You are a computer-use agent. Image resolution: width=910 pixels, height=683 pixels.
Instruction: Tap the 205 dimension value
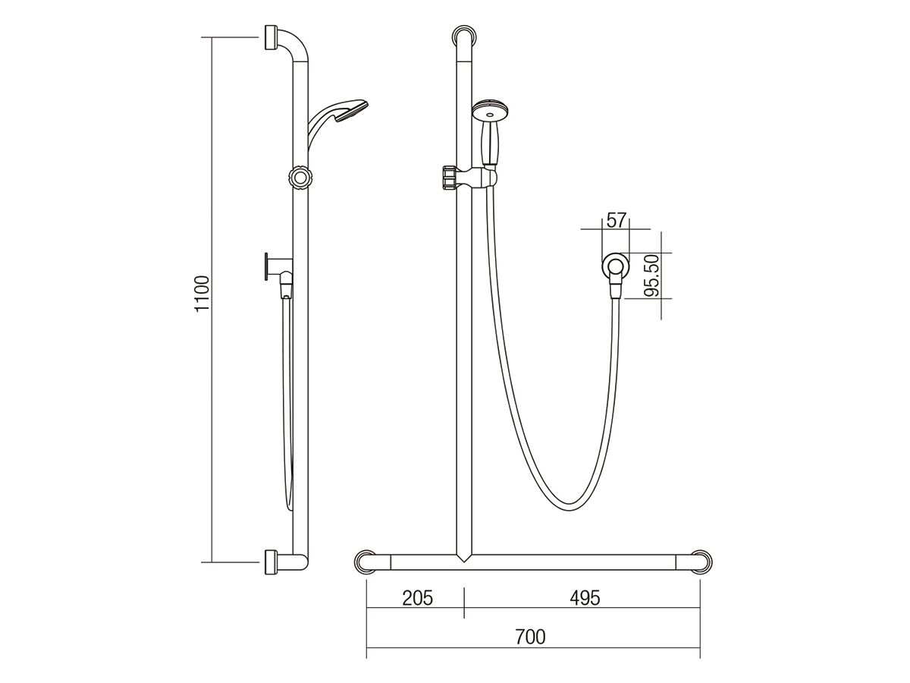[x=416, y=598]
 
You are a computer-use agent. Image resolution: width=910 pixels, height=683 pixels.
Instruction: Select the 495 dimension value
[x=584, y=598]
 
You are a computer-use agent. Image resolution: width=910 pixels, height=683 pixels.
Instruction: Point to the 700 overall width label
[x=529, y=637]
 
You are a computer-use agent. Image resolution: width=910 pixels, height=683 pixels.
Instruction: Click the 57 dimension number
[x=616, y=221]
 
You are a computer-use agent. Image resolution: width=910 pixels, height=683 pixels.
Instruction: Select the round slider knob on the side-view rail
[x=300, y=178]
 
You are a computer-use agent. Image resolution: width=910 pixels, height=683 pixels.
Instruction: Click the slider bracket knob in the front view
[x=450, y=177]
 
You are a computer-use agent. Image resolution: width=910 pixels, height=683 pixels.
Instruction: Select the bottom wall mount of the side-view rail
[x=271, y=562]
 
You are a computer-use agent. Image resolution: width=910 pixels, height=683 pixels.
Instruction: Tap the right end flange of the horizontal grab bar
[x=701, y=562]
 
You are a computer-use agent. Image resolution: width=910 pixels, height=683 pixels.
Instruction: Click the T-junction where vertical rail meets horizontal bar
[x=463, y=558]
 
